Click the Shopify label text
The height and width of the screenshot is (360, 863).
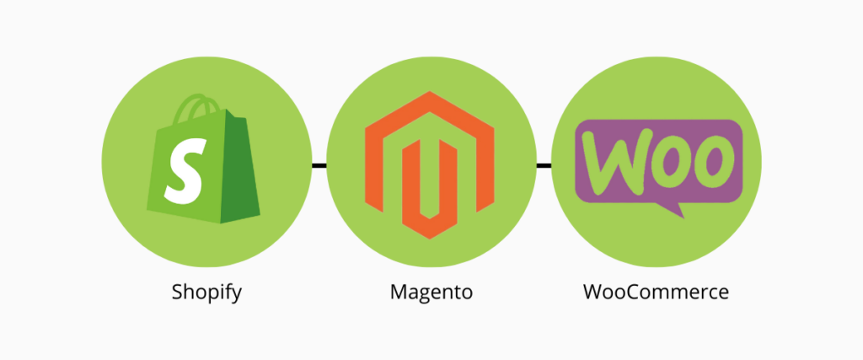coord(206,293)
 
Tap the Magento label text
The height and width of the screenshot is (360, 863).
coord(431,291)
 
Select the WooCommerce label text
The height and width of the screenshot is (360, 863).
coord(656,291)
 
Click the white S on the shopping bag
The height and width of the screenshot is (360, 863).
coord(185,171)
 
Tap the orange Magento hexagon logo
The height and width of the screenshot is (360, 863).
coord(429,165)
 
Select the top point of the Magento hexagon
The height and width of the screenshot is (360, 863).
coord(429,91)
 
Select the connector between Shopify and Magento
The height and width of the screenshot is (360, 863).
coord(319,165)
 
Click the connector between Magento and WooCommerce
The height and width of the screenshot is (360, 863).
coord(544,165)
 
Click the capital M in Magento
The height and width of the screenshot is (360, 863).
coord(399,292)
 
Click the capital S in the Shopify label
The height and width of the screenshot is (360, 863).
coord(177,292)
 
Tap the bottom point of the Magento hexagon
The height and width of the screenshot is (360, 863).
coord(429,239)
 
